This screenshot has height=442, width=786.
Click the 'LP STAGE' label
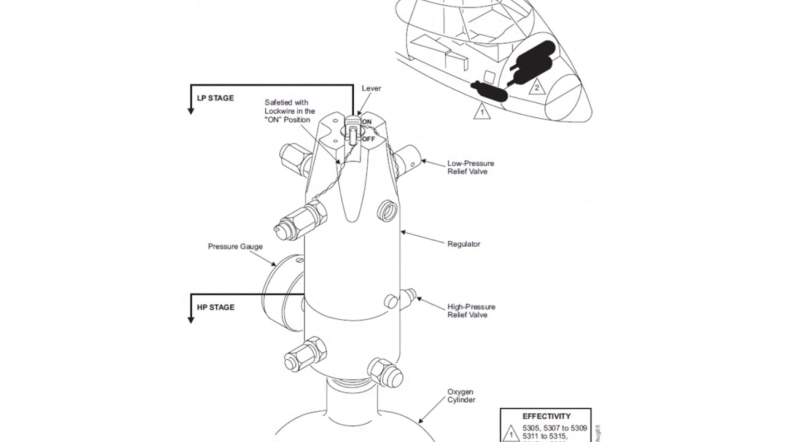[215, 98]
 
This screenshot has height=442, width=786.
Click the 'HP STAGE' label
[216, 308]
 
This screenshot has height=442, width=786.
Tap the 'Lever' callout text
[371, 88]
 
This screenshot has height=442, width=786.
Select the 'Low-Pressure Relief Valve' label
[470, 168]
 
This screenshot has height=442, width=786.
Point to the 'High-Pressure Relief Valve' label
[471, 311]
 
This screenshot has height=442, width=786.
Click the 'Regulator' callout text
[464, 244]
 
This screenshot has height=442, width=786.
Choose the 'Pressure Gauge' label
[235, 247]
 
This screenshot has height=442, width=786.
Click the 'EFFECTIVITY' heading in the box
[546, 416]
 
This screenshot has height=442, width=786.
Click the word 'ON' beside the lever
[367, 122]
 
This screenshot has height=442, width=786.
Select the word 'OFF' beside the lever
[368, 139]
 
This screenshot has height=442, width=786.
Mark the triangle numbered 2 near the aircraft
[537, 87]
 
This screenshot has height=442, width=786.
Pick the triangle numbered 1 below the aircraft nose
[482, 112]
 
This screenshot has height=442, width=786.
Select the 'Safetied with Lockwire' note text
[289, 111]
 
